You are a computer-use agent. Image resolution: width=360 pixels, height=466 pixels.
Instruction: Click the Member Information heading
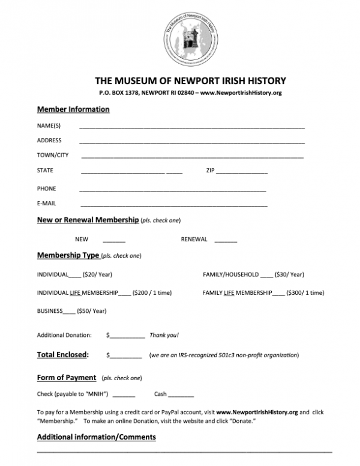click(x=73, y=109)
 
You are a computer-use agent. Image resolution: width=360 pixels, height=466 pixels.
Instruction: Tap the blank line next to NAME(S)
click(x=191, y=127)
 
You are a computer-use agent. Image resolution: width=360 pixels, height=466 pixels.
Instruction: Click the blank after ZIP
click(x=242, y=172)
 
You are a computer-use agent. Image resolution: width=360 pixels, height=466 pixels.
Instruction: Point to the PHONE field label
click(x=46, y=189)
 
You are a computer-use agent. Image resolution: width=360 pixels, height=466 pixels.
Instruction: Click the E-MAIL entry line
click(x=173, y=204)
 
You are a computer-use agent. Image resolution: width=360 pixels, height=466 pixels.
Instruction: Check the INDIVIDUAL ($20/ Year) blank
click(x=75, y=276)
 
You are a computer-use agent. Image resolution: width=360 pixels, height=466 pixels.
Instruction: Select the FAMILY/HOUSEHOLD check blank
click(x=266, y=276)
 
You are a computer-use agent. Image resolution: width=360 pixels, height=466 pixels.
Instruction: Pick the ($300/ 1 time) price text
click(x=306, y=293)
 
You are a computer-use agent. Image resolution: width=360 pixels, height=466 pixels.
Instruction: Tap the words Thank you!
click(x=164, y=335)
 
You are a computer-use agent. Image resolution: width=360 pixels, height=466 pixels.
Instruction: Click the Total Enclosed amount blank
click(x=126, y=356)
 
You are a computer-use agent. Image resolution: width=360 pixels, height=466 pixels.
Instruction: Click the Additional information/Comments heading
click(x=97, y=437)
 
